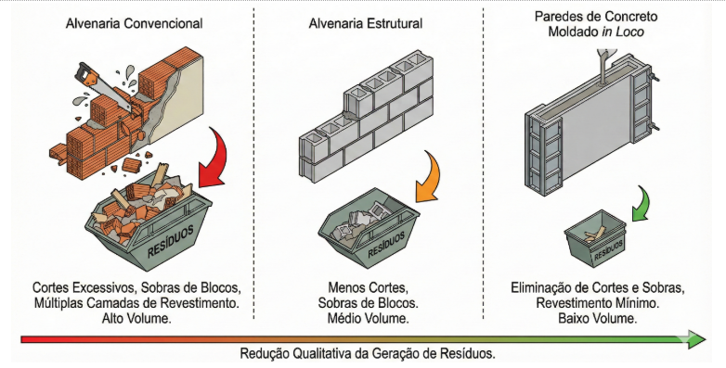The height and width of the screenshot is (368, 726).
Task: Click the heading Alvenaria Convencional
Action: tap(134, 23)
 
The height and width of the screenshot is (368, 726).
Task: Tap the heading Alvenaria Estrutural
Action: tap(365, 23)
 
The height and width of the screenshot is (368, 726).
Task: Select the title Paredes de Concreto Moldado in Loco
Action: tap(596, 24)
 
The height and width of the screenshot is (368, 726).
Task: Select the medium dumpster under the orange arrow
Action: tap(368, 230)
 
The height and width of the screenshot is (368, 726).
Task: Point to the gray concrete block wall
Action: tap(366, 118)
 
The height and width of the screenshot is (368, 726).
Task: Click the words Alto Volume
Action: tap(136, 319)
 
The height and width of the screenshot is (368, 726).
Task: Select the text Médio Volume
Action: tap(368, 319)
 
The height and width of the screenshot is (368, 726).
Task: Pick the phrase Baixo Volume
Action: tap(597, 319)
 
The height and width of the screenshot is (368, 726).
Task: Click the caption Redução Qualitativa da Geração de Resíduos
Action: tap(368, 354)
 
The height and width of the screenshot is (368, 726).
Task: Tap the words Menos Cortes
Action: tap(368, 287)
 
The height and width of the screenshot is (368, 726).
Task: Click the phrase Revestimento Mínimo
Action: tap(597, 303)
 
